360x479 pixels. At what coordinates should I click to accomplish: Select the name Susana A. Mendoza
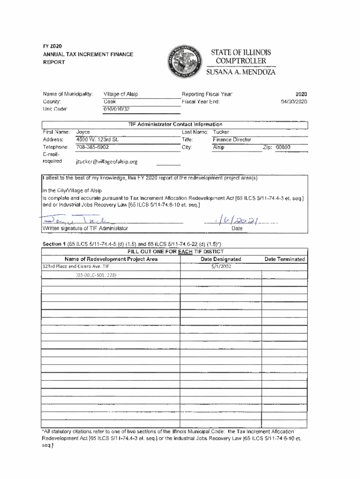[x=241, y=73]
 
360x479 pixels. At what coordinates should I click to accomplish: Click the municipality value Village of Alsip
[x=121, y=94]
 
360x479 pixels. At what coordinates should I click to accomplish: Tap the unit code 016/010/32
[x=117, y=109]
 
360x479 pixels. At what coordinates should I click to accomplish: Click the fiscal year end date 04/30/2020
[x=294, y=102]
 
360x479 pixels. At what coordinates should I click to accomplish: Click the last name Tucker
[x=221, y=132]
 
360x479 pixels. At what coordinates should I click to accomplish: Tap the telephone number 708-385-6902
[x=93, y=147]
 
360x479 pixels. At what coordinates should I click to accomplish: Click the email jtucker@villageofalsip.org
[x=107, y=162]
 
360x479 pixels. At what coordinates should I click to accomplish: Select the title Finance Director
[x=232, y=139]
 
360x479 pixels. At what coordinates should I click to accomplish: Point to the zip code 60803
[x=282, y=147]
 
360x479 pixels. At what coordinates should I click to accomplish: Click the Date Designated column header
[x=221, y=259]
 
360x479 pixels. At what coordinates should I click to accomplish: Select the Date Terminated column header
[x=284, y=259]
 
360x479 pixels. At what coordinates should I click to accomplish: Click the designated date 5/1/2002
[x=221, y=267]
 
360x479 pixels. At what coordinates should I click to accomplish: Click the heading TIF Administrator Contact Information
[x=175, y=124]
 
